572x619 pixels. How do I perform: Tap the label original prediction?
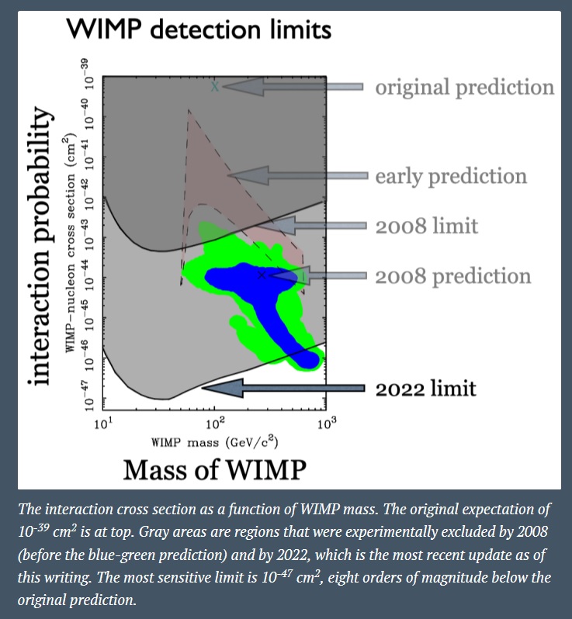(x=464, y=87)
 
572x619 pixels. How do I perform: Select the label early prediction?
(x=450, y=176)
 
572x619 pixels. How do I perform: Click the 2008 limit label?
(x=426, y=227)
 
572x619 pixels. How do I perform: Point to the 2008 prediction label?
(x=452, y=276)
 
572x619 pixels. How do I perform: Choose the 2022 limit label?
(x=425, y=388)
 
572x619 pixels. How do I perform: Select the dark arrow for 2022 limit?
(x=283, y=387)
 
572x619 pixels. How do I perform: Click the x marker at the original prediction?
(x=215, y=86)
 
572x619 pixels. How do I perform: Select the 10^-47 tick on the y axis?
(x=88, y=396)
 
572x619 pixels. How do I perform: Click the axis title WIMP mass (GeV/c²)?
(x=215, y=443)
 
